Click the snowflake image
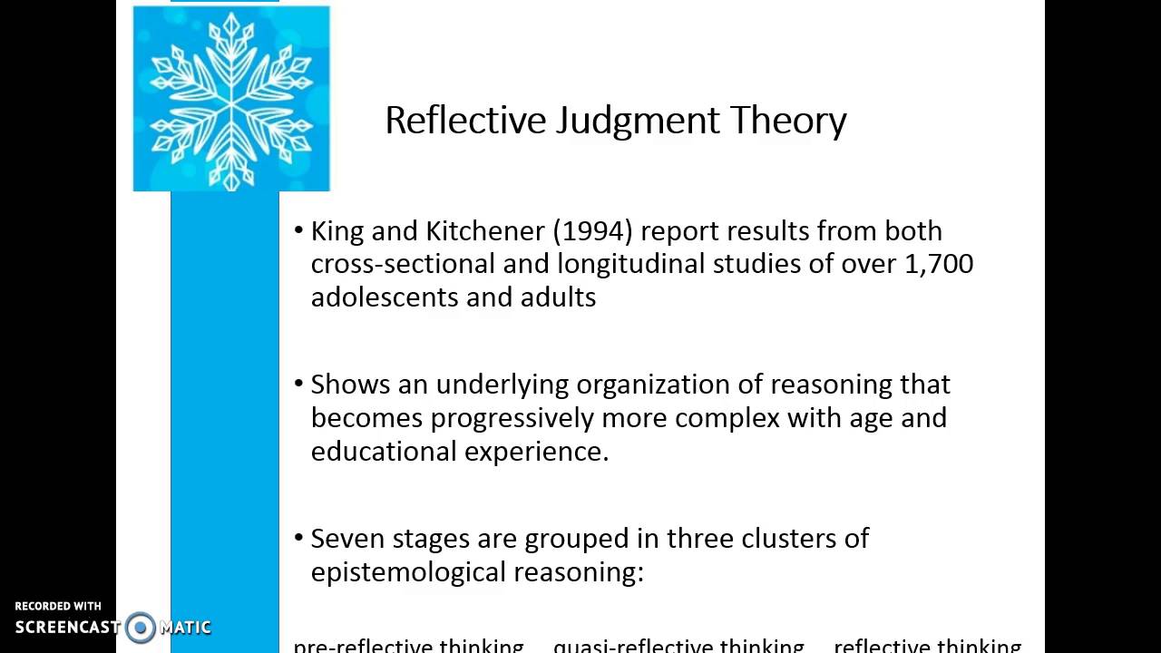[231, 99]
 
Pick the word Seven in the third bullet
[344, 539]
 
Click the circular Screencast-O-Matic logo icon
[141, 627]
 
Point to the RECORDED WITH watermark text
[58, 606]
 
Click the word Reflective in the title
[465, 121]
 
